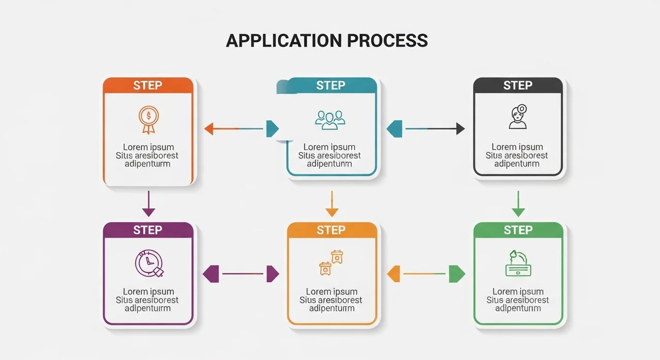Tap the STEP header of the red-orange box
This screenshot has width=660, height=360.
click(x=148, y=86)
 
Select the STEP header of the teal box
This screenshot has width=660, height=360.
click(x=331, y=86)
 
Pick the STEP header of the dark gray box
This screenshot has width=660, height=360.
click(x=518, y=86)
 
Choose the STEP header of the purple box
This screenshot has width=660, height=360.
click(x=148, y=230)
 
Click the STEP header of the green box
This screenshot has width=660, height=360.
click(x=518, y=230)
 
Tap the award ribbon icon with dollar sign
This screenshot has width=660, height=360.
click(x=148, y=119)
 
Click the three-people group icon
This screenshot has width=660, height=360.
click(x=330, y=120)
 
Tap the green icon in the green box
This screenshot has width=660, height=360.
click(x=518, y=263)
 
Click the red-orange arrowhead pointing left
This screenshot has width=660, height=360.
click(x=209, y=128)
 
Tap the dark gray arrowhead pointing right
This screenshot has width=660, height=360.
click(x=460, y=128)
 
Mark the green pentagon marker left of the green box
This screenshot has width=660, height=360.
click(x=456, y=274)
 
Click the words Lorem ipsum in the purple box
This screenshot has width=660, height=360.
click(x=148, y=292)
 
